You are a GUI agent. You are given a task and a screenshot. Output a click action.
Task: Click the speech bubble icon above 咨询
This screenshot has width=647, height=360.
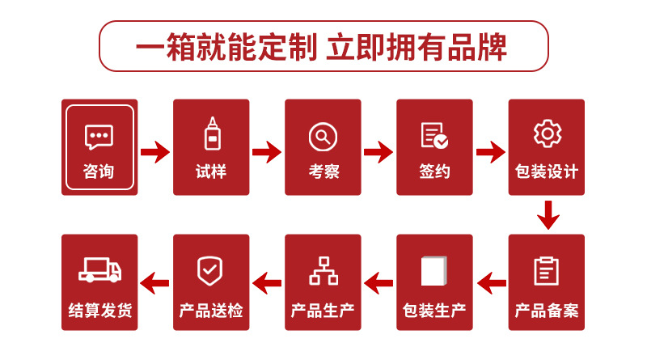[x=99, y=137]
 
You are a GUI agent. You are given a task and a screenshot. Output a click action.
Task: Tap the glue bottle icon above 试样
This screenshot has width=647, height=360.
[x=211, y=134]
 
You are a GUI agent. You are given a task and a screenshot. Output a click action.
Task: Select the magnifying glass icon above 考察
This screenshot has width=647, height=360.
[x=323, y=136]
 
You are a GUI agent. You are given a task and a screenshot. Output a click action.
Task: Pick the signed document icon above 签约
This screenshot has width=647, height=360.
[x=434, y=136]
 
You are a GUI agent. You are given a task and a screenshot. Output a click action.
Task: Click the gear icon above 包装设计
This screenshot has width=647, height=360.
[x=547, y=133]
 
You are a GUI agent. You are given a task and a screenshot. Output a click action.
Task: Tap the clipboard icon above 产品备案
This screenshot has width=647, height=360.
[x=547, y=271]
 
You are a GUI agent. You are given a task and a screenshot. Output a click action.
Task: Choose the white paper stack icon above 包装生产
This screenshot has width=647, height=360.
[x=434, y=271]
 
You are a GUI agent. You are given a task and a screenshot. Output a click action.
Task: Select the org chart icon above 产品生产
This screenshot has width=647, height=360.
[x=323, y=271]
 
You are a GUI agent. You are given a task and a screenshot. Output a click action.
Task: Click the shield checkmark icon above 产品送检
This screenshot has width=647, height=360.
[x=211, y=271]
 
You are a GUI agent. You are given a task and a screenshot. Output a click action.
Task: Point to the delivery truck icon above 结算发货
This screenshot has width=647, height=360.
[x=99, y=271]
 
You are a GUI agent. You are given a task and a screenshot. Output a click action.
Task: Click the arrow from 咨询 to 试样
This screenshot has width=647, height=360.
[x=155, y=151]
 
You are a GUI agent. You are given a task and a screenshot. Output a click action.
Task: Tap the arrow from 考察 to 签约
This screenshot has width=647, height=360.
[x=378, y=151]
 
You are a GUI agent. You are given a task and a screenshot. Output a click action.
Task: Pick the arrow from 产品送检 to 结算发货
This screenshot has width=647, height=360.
[x=155, y=282]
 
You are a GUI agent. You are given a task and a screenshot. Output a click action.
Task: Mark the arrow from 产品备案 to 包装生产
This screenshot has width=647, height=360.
[x=491, y=282]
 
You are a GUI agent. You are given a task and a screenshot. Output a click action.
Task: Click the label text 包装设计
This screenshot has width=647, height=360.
[x=547, y=172]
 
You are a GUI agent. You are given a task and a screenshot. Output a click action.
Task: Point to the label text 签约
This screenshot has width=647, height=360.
[x=434, y=172]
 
